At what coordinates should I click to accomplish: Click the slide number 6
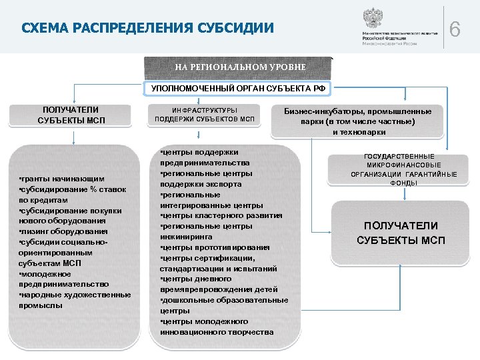click(455, 29)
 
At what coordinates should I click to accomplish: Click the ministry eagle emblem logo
click(371, 18)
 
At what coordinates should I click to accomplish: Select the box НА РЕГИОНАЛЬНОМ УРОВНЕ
click(240, 67)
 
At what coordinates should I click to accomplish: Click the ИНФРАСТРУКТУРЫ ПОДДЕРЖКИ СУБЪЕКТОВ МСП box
click(205, 115)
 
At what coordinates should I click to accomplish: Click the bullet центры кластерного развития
click(221, 215)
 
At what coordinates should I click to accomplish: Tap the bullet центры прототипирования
click(215, 247)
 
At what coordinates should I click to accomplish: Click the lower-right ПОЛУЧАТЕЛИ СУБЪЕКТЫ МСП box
click(401, 233)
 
